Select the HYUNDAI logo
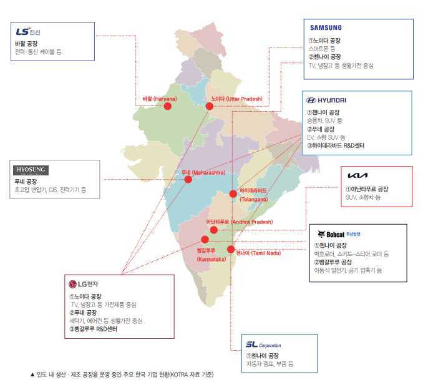pyautogui.click(x=326, y=100)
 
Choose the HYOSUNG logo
pyautogui.click(x=31, y=170)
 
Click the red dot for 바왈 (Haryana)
pyautogui.click(x=167, y=107)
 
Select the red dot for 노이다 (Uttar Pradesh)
pyautogui.click(x=210, y=106)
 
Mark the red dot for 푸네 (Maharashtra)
pyautogui.click(x=188, y=179)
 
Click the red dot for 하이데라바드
pyautogui.click(x=233, y=193)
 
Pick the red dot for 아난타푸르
pyautogui.click(x=214, y=230)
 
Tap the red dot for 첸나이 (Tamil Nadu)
pyautogui.click(x=231, y=249)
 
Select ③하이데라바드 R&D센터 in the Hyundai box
pyautogui.click(x=335, y=145)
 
